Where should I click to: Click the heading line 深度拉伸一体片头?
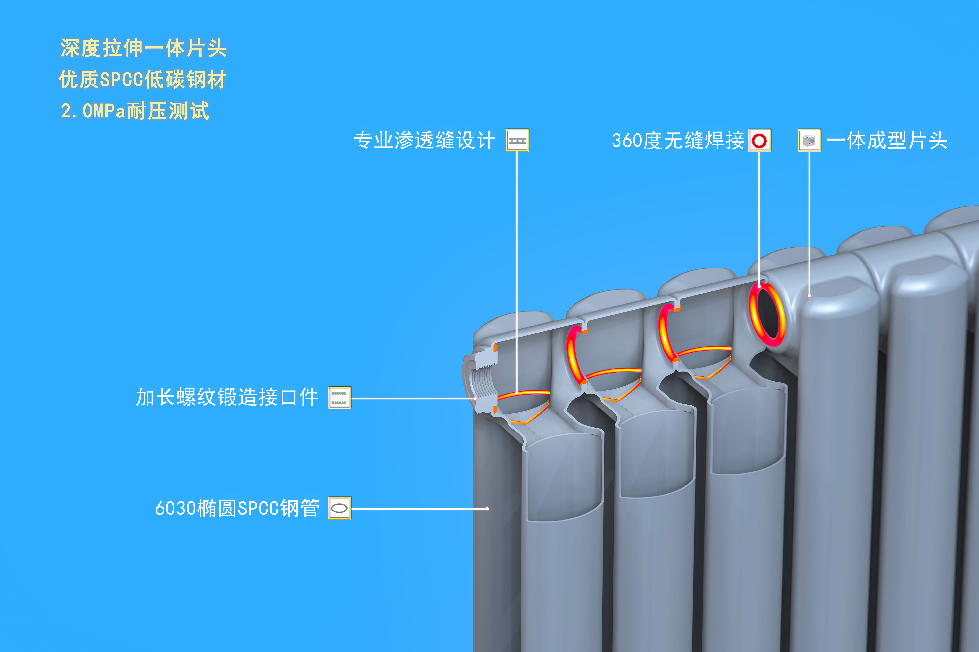[143, 48]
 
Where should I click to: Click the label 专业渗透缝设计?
[424, 140]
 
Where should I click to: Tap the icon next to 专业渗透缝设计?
[517, 140]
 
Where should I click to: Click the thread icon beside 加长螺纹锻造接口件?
[339, 397]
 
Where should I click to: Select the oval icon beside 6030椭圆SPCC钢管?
[339, 508]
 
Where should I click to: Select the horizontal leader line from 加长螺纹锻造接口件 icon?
[412, 398]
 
